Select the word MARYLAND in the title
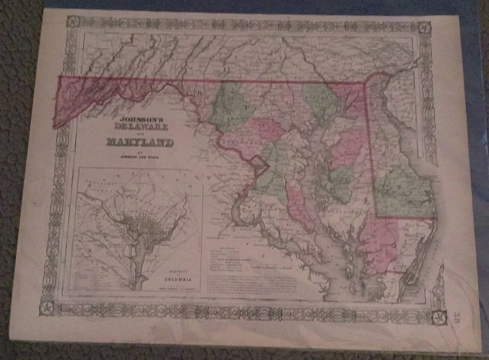point(140,142)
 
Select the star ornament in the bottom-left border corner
point(47,308)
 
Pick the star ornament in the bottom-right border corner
point(437,317)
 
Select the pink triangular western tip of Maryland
point(76,99)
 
